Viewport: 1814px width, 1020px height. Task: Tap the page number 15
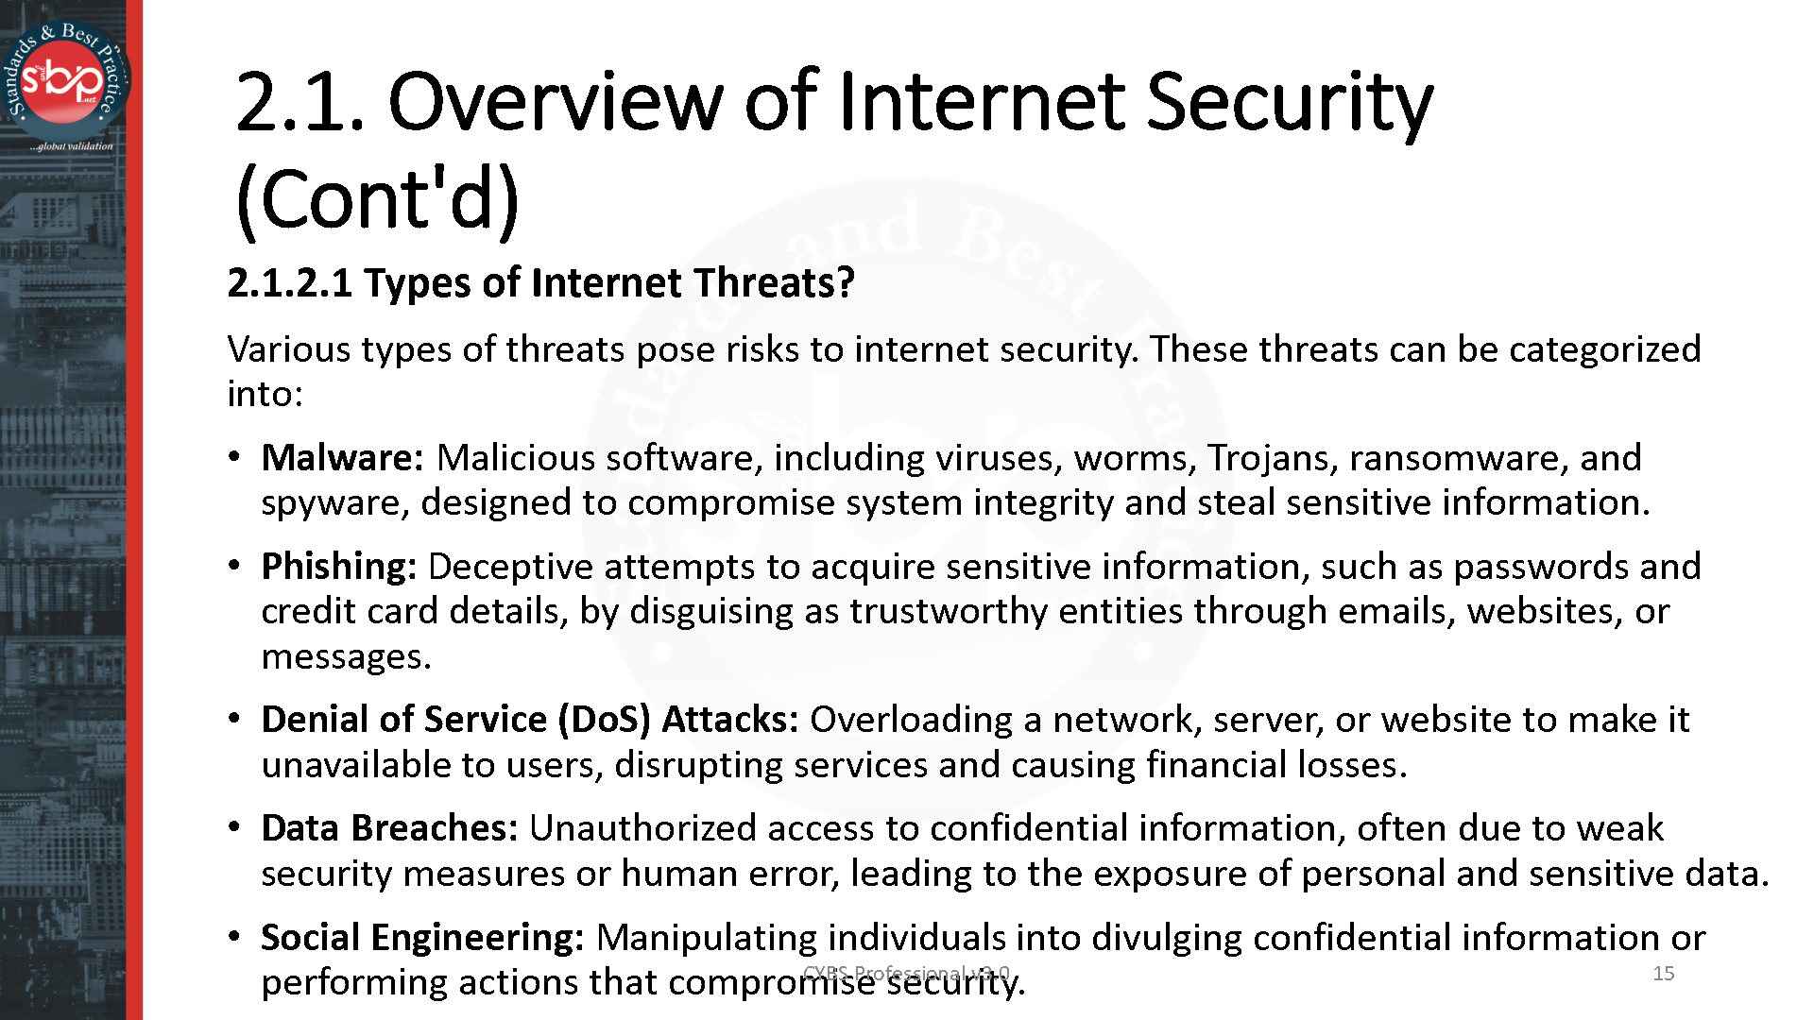tap(1664, 973)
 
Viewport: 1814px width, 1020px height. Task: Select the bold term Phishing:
tap(338, 567)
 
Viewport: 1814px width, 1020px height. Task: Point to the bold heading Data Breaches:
tap(389, 828)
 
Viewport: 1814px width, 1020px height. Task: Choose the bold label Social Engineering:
tap(422, 938)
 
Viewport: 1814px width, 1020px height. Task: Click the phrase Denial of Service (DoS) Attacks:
tap(530, 720)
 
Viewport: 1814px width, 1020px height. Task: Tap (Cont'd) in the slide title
tap(376, 199)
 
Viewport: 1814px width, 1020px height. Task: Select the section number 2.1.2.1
tap(289, 283)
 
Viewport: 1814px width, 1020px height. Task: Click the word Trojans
tap(1273, 458)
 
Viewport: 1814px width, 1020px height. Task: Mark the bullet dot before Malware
tap(233, 458)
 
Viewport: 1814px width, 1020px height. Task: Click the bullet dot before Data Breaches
tap(233, 828)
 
